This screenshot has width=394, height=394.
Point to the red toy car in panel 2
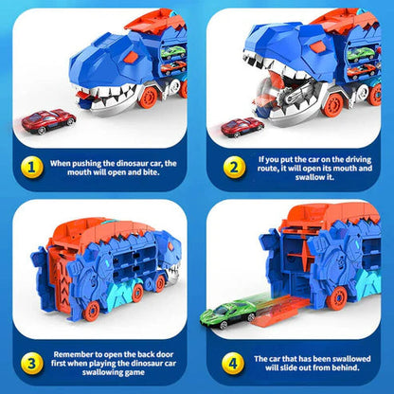click(242, 127)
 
